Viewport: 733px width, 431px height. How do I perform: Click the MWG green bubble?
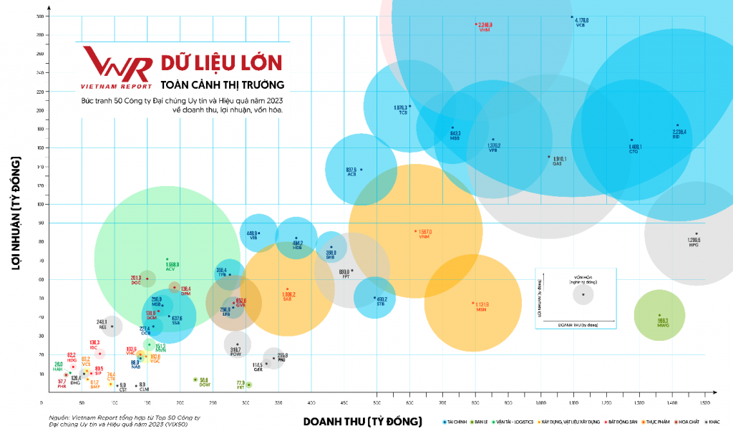tap(659, 315)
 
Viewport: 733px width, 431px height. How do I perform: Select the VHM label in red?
tap(484, 31)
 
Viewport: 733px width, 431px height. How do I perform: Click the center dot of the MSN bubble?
tap(473, 303)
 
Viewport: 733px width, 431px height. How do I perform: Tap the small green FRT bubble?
tap(249, 385)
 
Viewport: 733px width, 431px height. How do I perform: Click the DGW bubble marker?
tap(195, 380)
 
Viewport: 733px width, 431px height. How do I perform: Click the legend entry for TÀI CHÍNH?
tap(458, 422)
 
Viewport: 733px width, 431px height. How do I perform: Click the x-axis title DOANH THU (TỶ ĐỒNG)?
tap(362, 421)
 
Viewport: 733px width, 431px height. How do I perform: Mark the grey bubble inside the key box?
tap(583, 294)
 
